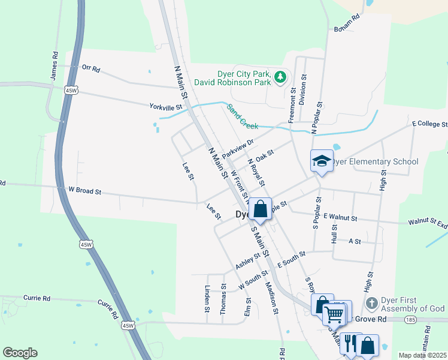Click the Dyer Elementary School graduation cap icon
(322, 161)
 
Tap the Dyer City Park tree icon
(280, 77)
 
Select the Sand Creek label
(243, 117)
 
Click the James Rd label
(55, 65)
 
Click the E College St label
(429, 124)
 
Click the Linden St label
(207, 299)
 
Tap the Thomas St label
(223, 299)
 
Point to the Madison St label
(271, 298)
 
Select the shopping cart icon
(334, 313)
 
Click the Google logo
(20, 353)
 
